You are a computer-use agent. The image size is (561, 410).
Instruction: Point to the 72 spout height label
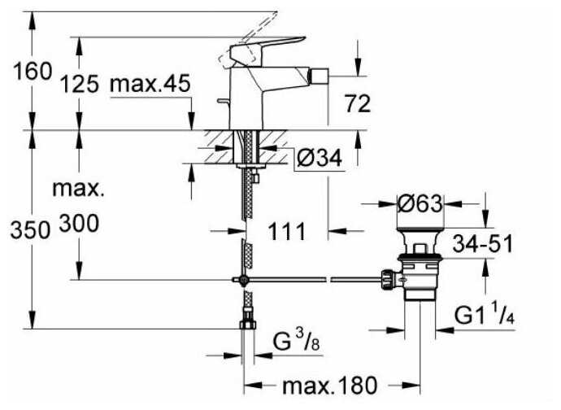[357, 103]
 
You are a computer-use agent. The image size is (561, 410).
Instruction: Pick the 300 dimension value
[78, 228]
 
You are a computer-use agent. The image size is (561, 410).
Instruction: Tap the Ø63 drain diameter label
[420, 203]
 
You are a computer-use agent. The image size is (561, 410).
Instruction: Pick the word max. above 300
[79, 190]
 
